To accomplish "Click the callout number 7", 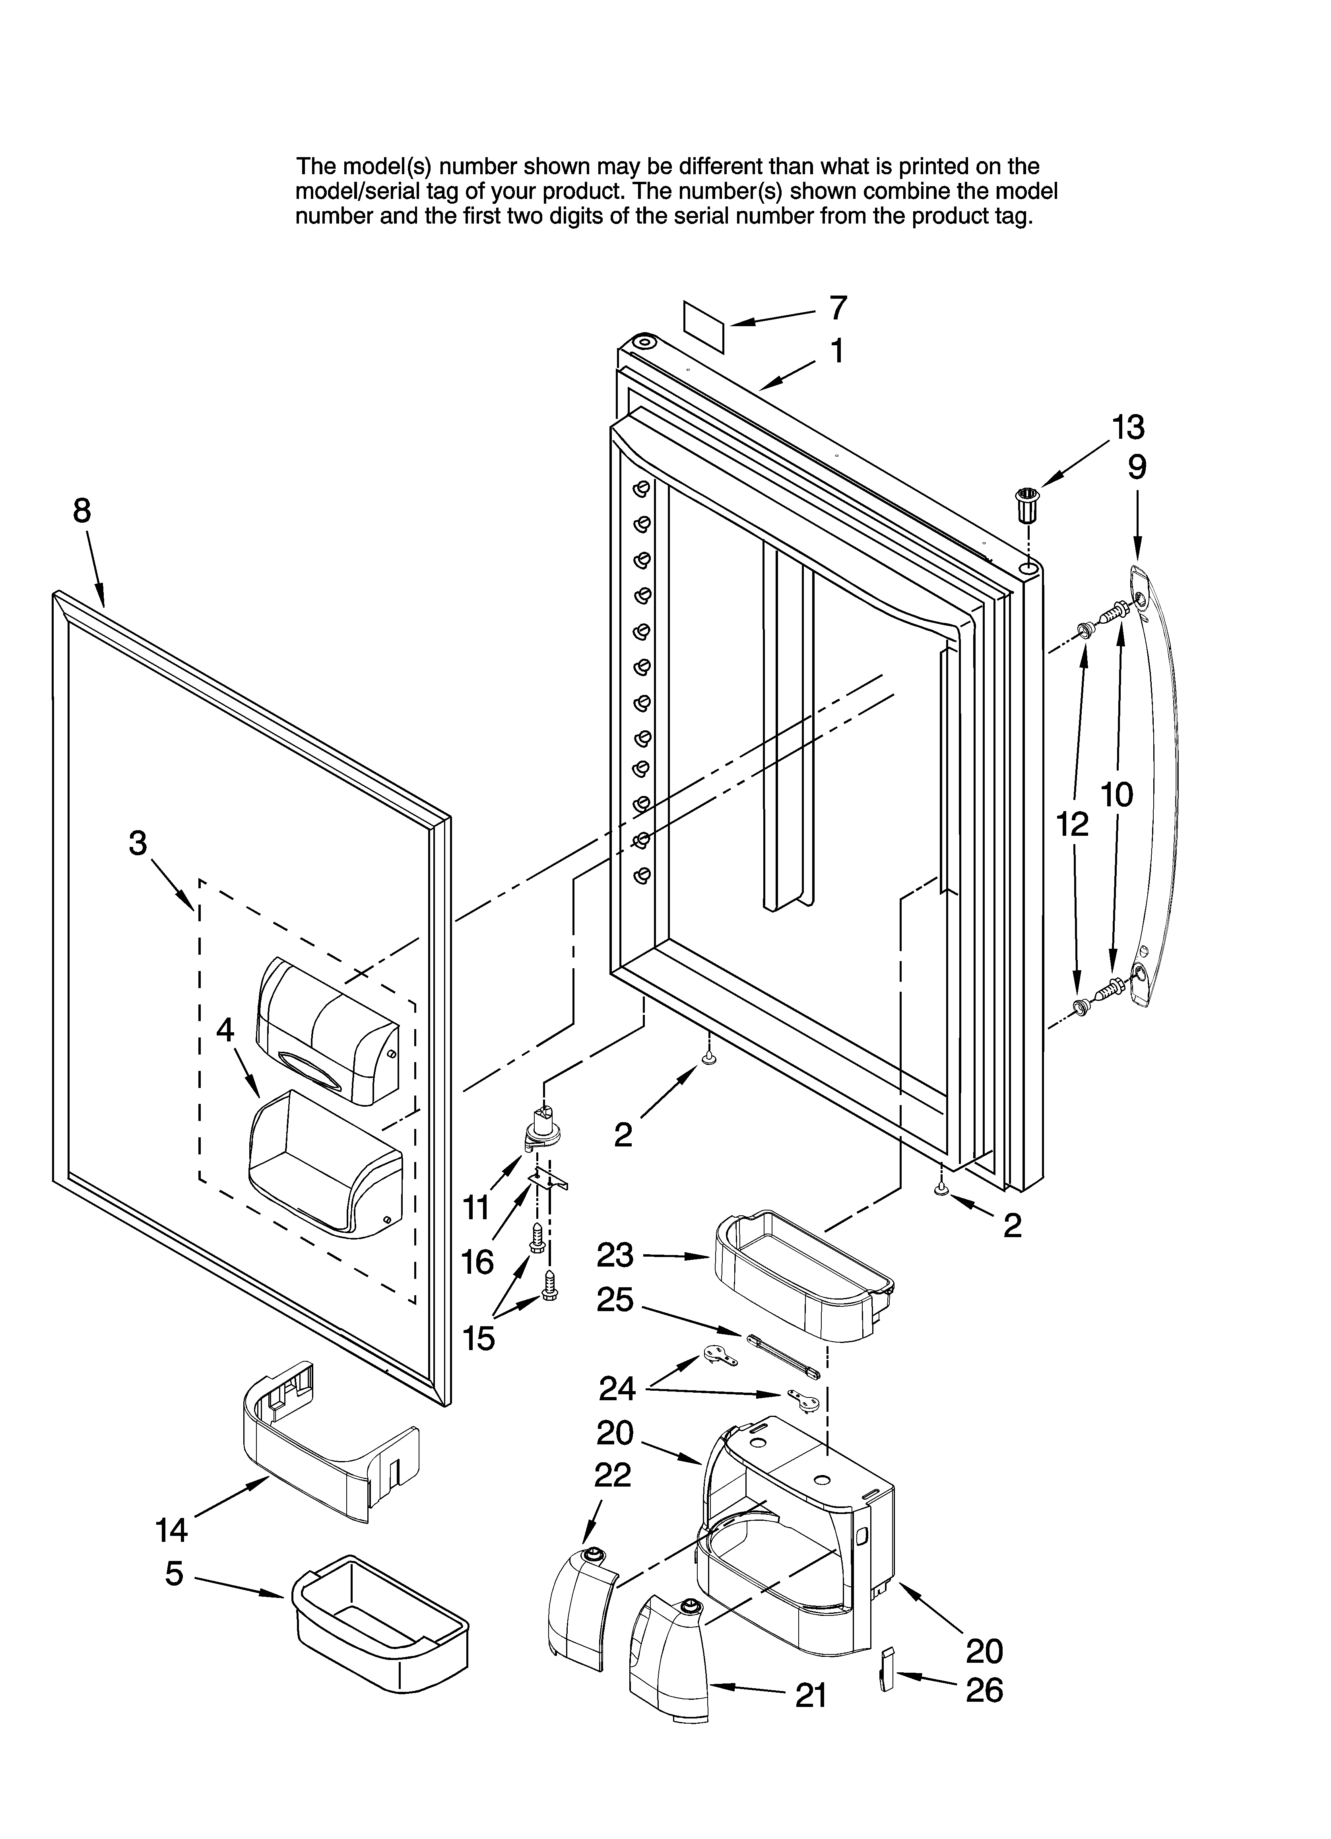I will pos(838,308).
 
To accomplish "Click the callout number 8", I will pos(82,511).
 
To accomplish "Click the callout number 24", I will pos(617,1389).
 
